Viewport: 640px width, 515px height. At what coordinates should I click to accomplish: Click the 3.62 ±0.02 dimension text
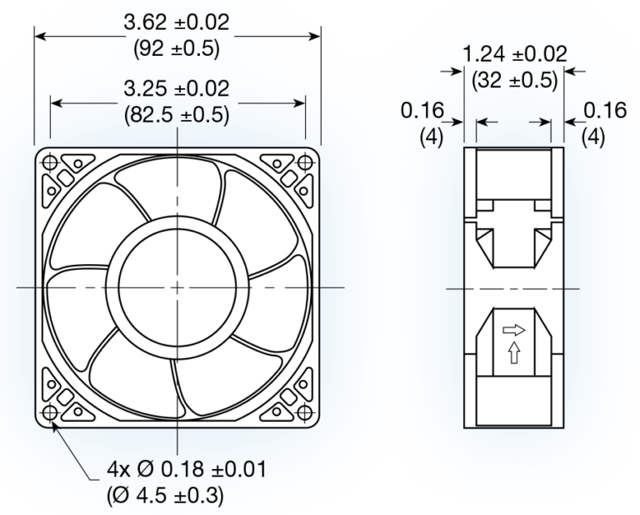(177, 22)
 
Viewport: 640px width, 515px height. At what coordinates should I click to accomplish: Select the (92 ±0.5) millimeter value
(177, 48)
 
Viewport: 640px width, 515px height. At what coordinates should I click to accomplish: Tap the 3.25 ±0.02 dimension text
(177, 88)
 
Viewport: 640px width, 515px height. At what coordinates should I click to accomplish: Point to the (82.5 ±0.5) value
(177, 114)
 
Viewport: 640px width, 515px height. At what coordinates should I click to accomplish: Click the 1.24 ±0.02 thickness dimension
(514, 55)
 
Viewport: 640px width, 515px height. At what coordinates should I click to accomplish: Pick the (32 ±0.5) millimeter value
(514, 81)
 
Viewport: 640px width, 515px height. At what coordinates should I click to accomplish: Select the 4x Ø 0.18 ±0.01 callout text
(187, 469)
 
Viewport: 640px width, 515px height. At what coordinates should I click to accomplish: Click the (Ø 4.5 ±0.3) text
(166, 495)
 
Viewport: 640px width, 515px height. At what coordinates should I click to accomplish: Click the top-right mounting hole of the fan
(305, 162)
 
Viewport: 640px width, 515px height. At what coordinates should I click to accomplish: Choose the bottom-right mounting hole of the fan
(305, 413)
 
